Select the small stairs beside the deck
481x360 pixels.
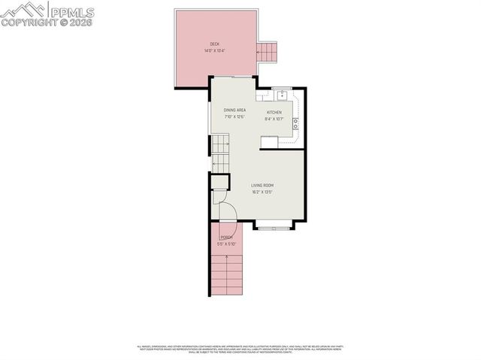coord(267,51)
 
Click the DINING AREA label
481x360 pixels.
coord(234,110)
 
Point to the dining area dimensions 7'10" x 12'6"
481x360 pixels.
coord(234,116)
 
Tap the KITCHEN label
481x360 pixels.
coord(274,112)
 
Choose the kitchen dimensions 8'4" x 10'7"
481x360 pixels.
coord(274,118)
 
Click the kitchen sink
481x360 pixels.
coord(282,95)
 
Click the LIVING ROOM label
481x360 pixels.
coord(262,185)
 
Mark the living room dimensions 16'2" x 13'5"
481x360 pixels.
coord(262,192)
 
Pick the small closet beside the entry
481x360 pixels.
coord(219,182)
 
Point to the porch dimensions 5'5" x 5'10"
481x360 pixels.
coord(227,244)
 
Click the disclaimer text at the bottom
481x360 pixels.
coord(240,349)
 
